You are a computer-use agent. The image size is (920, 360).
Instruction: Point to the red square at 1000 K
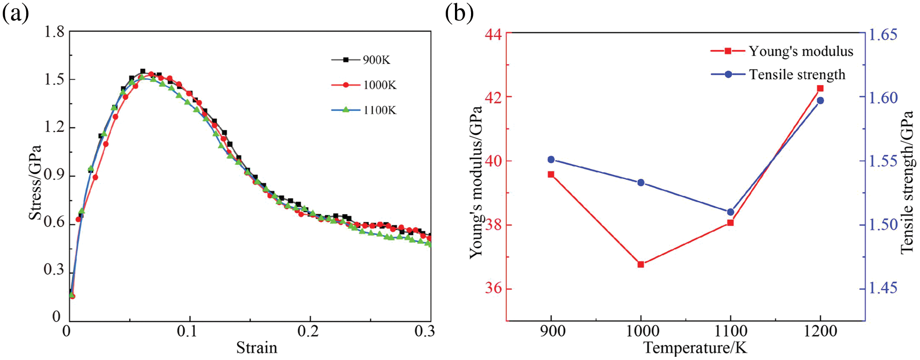(641, 264)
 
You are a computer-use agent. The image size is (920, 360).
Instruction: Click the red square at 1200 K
(820, 88)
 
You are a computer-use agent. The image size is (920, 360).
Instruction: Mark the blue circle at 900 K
(551, 160)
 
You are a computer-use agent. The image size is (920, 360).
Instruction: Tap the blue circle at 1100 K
(730, 212)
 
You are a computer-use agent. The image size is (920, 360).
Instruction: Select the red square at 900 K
(551, 174)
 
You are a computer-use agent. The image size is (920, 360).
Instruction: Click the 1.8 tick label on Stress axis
(54, 32)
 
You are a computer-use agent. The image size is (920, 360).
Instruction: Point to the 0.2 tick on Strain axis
(310, 331)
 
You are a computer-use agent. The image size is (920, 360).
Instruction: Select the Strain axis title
(257, 348)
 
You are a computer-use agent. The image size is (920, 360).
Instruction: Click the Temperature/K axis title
(695, 348)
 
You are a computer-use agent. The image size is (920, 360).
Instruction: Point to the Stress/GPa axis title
(35, 183)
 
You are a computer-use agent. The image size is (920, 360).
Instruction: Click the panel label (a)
(16, 14)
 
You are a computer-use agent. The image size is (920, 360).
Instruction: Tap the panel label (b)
(459, 14)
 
